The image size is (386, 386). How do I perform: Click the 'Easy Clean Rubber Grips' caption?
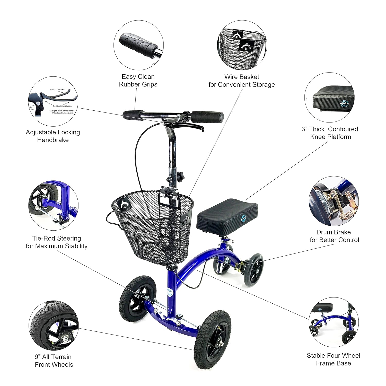click(138, 81)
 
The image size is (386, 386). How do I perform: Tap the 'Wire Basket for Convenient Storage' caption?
click(241, 81)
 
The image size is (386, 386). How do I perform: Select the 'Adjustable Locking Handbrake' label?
click(53, 136)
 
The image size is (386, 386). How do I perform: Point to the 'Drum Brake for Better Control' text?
click(334, 236)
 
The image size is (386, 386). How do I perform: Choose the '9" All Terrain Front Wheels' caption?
click(54, 361)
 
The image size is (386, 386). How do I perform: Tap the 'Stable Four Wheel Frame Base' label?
click(333, 359)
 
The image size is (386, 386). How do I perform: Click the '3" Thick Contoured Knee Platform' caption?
click(330, 133)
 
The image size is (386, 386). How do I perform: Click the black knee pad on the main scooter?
click(227, 215)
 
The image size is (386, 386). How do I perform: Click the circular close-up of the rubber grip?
click(138, 45)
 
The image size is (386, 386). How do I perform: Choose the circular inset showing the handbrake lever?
click(53, 101)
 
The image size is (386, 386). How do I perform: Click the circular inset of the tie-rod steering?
click(53, 205)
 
